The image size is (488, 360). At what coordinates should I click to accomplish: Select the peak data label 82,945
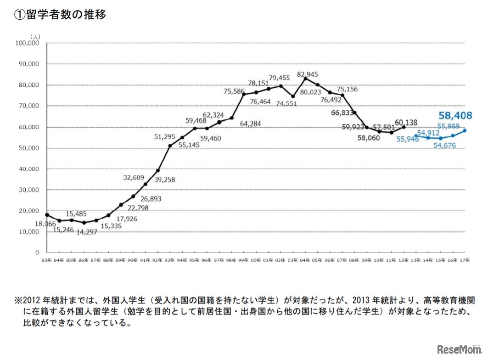[x=308, y=74]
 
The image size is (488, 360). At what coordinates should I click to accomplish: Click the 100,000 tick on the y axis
[x=28, y=43]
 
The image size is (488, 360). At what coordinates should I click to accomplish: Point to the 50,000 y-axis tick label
[x=29, y=148]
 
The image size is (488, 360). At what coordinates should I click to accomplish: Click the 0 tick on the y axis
[x=37, y=253]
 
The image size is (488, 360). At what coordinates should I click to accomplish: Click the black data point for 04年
[x=305, y=79]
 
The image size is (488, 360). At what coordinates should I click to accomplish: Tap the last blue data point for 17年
[x=465, y=130]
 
